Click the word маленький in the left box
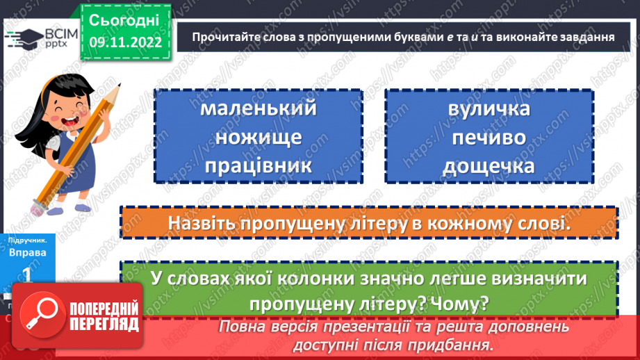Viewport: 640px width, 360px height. pyautogui.click(x=258, y=110)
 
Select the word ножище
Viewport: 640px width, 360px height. pyautogui.click(x=258, y=137)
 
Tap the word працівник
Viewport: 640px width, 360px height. pyautogui.click(x=258, y=165)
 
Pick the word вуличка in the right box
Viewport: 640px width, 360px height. pyautogui.click(x=489, y=110)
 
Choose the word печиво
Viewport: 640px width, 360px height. pyautogui.click(x=489, y=137)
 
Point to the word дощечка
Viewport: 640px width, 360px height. pyautogui.click(x=489, y=165)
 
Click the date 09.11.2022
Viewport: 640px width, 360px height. pyautogui.click(x=125, y=42)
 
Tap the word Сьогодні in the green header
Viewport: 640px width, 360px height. pyautogui.click(x=124, y=19)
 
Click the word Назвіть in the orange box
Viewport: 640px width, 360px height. pyautogui.click(x=200, y=224)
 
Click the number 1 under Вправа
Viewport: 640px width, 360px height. pyautogui.click(x=28, y=275)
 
